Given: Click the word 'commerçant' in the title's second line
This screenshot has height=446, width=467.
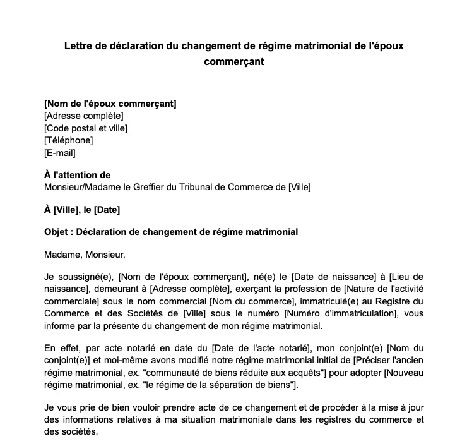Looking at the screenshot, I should (x=233, y=62).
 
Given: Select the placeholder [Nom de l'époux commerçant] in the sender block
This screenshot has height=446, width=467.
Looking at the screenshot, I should (x=110, y=104).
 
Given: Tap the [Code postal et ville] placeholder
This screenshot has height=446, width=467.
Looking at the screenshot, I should (x=86, y=128).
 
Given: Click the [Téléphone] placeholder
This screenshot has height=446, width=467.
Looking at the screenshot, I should (x=68, y=140).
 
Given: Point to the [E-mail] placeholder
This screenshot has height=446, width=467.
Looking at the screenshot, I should (x=60, y=152).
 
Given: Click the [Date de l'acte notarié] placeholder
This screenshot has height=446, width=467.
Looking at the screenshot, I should (x=261, y=348).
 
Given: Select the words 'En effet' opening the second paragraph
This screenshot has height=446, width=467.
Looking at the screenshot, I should (x=60, y=348).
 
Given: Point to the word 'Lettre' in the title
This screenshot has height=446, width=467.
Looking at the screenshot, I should (x=78, y=47).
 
